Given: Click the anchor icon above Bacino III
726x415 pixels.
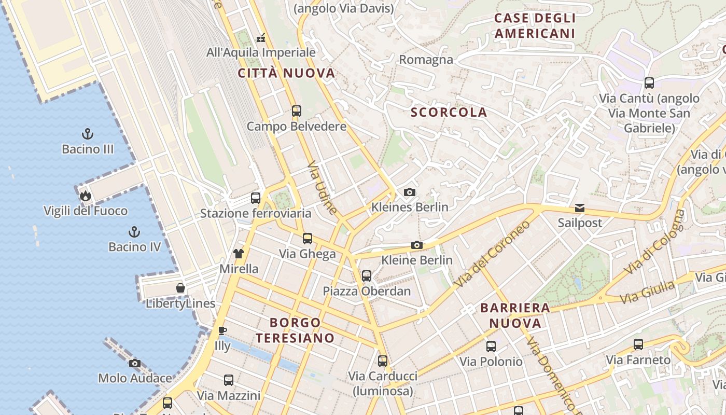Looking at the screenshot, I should click(88, 134).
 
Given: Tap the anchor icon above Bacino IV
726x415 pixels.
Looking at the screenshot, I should click(134, 232).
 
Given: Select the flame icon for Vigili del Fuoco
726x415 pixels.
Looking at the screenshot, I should click(85, 196).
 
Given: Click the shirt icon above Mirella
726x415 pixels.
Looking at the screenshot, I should click(239, 254).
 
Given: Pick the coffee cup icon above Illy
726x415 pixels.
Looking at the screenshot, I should click(222, 330).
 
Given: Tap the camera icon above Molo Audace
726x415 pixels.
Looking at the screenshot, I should click(135, 363).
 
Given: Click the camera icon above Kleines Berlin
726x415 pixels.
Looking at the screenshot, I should click(410, 192).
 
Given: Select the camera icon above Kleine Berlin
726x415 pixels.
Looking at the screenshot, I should click(417, 245).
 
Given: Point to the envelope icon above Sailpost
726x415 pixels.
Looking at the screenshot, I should click(579, 208).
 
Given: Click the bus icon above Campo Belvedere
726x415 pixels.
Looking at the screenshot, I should click(296, 111).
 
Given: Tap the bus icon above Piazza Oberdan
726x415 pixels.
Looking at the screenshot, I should click(367, 276).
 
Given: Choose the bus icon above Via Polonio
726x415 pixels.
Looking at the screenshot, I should click(491, 346).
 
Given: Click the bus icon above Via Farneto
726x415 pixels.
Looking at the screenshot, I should click(638, 344).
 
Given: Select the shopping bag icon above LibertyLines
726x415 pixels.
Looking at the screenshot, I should click(180, 288).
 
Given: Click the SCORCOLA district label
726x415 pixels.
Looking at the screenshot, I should click(449, 112).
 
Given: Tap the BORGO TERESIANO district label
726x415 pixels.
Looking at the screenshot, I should click(295, 330).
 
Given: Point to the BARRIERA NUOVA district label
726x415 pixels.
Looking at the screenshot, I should click(515, 315).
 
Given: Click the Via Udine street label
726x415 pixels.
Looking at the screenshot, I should click(323, 188).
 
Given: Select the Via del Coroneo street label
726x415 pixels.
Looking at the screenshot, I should click(493, 254).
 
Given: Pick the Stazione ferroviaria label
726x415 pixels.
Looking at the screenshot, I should click(256, 213).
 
